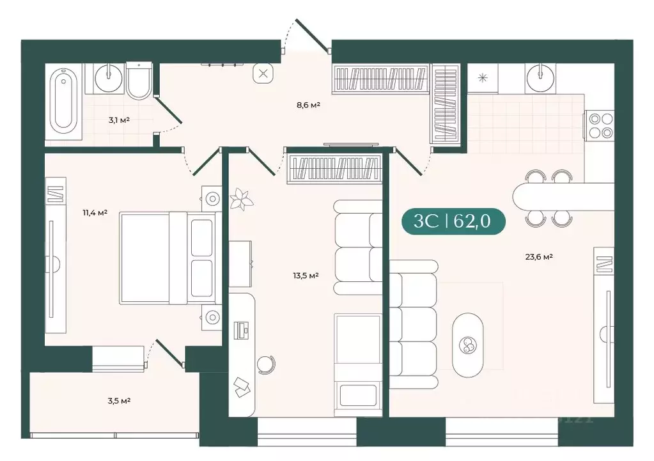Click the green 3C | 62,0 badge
(453, 221)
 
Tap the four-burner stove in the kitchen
(600, 125)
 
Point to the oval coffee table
(468, 345)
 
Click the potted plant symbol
(242, 199)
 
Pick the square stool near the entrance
(263, 74)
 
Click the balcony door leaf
(169, 353)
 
